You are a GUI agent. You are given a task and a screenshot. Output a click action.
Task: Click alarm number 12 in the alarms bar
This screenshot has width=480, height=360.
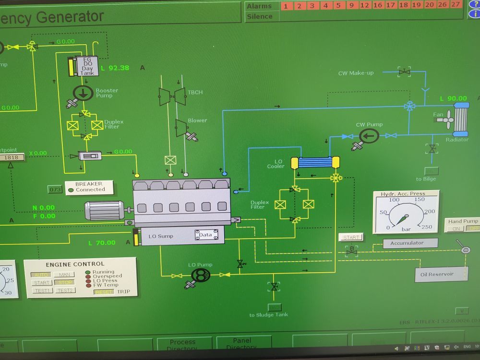(365, 6)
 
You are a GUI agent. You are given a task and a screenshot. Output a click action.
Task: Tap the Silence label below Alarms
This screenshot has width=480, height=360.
(259, 16)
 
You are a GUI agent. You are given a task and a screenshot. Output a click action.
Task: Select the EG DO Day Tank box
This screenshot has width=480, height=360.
(87, 66)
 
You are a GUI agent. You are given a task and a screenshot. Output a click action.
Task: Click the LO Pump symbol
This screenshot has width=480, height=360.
(201, 275)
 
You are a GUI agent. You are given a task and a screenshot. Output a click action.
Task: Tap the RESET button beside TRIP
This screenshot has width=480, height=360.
(104, 292)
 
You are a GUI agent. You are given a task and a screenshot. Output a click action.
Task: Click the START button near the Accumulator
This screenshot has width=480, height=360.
(351, 237)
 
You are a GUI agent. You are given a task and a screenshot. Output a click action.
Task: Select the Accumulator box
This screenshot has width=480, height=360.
(410, 243)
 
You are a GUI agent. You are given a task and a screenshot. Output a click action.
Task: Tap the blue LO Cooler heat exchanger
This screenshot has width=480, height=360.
(315, 162)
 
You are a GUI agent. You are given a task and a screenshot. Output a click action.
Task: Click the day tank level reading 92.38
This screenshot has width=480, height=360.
(119, 68)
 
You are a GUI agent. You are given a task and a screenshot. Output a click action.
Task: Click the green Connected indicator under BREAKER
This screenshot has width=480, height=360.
(71, 190)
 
